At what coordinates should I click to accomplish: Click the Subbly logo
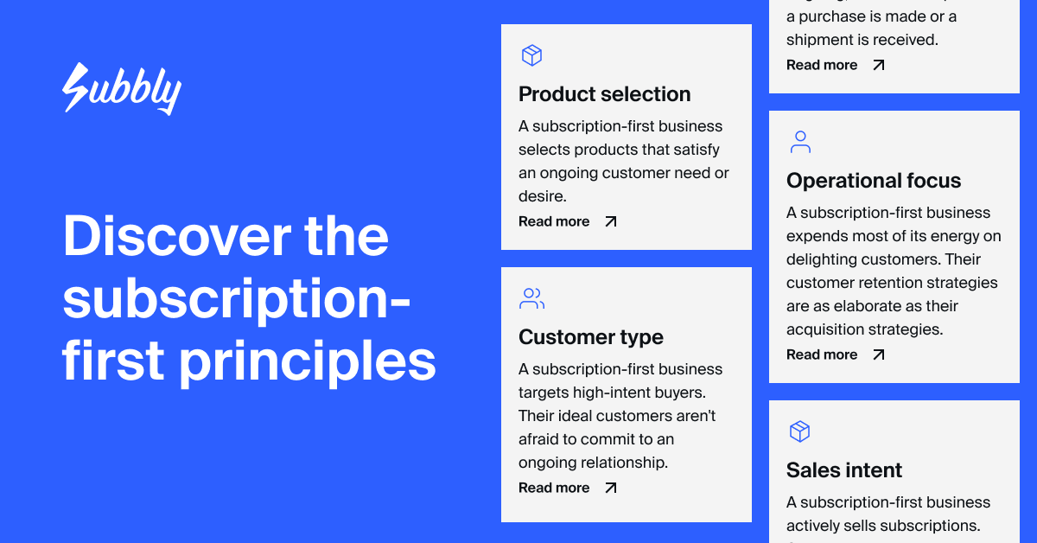pos(122,88)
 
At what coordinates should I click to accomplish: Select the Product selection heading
pos(604,94)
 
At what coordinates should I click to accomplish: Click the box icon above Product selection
pos(531,56)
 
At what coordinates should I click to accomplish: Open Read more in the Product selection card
pos(554,222)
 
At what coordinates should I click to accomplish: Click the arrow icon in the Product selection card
pos(611,222)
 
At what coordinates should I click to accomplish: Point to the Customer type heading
pos(591,337)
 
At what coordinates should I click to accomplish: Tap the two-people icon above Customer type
pos(532,299)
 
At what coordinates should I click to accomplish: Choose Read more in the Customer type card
pos(554,489)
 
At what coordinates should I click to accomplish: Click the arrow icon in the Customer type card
pos(611,489)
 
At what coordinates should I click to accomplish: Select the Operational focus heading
pos(874,181)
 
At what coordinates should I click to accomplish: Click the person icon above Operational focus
pos(800,143)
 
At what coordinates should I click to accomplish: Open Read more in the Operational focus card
pos(822,355)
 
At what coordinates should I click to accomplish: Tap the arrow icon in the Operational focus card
pos(879,355)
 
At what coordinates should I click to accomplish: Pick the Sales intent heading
pos(844,470)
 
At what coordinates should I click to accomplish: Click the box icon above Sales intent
pos(799,431)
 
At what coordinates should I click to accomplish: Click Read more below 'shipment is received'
pos(822,66)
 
